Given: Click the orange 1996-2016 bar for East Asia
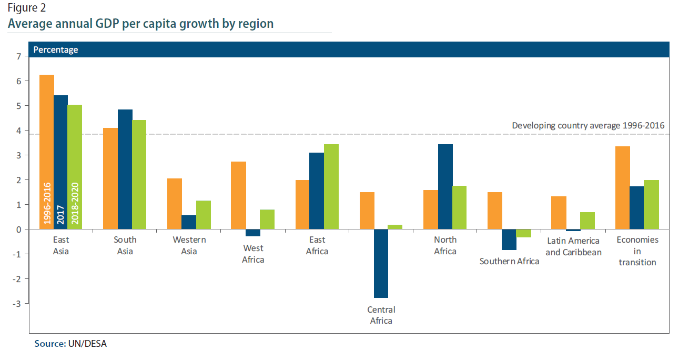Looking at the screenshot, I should (x=47, y=132).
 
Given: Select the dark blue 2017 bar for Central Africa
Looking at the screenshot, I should (x=381, y=263).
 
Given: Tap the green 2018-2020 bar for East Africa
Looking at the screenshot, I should (x=331, y=186).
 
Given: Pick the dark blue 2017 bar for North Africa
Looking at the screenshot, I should (x=445, y=186).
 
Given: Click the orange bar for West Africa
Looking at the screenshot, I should (x=239, y=195).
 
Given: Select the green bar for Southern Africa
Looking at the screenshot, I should (x=523, y=233).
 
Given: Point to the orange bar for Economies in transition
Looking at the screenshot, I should (x=623, y=187).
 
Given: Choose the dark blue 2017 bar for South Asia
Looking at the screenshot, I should (x=125, y=169).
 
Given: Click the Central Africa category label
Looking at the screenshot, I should (x=381, y=315).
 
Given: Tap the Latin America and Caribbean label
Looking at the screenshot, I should (x=572, y=246).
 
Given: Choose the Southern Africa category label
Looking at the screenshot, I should (x=509, y=261).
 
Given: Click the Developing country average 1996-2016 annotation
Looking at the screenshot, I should (x=588, y=125).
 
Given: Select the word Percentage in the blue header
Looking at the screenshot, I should (x=56, y=49).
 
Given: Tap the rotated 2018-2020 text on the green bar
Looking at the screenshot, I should (x=75, y=203).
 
